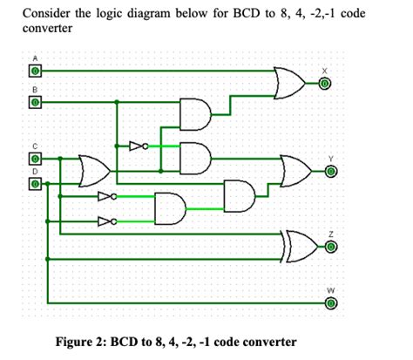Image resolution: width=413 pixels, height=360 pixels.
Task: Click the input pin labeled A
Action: (x=35, y=68)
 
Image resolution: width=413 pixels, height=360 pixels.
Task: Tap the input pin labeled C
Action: (x=35, y=160)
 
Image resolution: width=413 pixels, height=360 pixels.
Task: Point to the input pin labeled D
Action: (x=35, y=184)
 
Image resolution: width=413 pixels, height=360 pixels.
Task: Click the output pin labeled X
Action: (x=324, y=84)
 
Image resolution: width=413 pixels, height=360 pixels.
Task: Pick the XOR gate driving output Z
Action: (x=297, y=247)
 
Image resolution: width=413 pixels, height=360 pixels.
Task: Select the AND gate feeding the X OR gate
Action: (x=194, y=112)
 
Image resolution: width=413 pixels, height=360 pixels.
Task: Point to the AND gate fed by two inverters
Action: (x=169, y=208)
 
